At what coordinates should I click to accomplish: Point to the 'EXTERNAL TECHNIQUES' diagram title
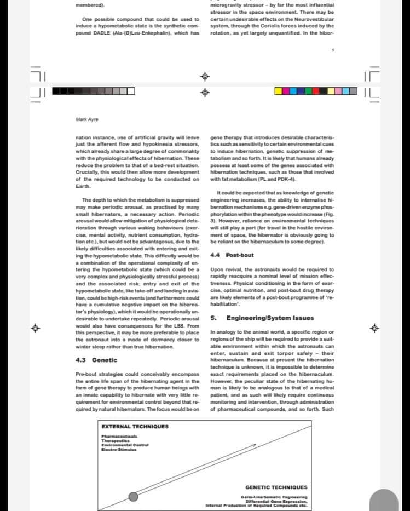click(135, 427)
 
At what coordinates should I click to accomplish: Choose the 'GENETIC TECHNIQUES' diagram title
click(276, 487)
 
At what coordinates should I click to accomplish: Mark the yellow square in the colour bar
click(278, 90)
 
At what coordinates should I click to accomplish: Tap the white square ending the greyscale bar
click(131, 90)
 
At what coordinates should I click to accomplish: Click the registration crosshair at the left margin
click(36, 329)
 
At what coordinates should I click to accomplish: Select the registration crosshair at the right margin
click(375, 329)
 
